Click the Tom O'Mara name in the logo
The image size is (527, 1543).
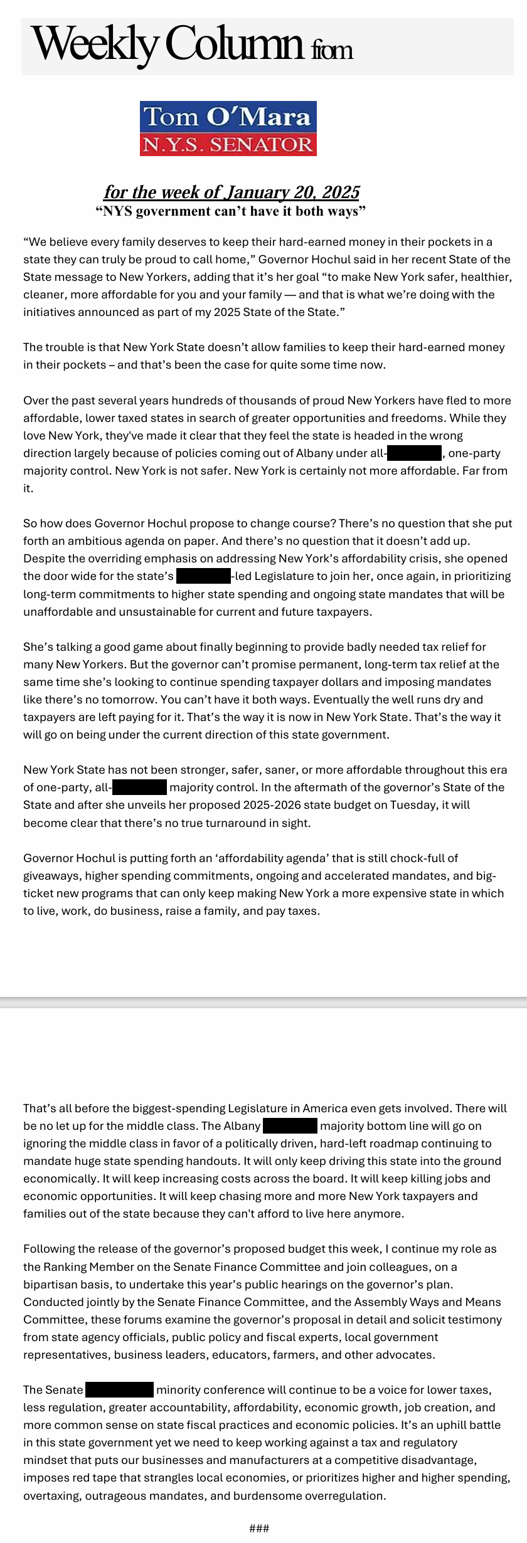click(x=227, y=117)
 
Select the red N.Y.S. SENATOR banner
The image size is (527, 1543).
click(x=227, y=144)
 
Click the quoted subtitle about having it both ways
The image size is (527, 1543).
click(x=230, y=211)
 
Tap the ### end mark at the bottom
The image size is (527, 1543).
click(x=259, y=1528)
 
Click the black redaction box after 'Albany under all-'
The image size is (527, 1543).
click(x=414, y=453)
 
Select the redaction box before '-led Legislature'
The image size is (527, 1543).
click(x=203, y=576)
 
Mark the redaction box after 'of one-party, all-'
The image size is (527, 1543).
click(x=139, y=787)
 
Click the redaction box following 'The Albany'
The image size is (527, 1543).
click(x=290, y=1125)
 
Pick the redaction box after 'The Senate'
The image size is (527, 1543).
click(x=119, y=1389)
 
